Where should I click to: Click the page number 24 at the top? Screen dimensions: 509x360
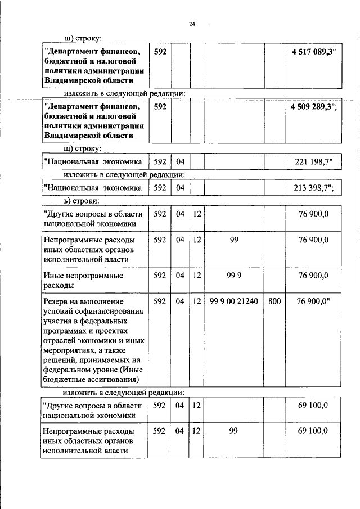point(192,24)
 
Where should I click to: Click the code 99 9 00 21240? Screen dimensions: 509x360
point(233,301)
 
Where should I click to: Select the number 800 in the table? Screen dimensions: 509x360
point(274,301)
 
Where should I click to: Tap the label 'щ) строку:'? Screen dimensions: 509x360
point(82,149)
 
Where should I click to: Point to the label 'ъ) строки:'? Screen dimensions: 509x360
point(82,200)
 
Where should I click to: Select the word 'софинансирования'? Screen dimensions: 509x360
point(105,312)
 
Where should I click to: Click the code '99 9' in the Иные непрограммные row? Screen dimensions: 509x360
point(233,276)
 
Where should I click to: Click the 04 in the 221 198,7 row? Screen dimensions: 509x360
point(180,163)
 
